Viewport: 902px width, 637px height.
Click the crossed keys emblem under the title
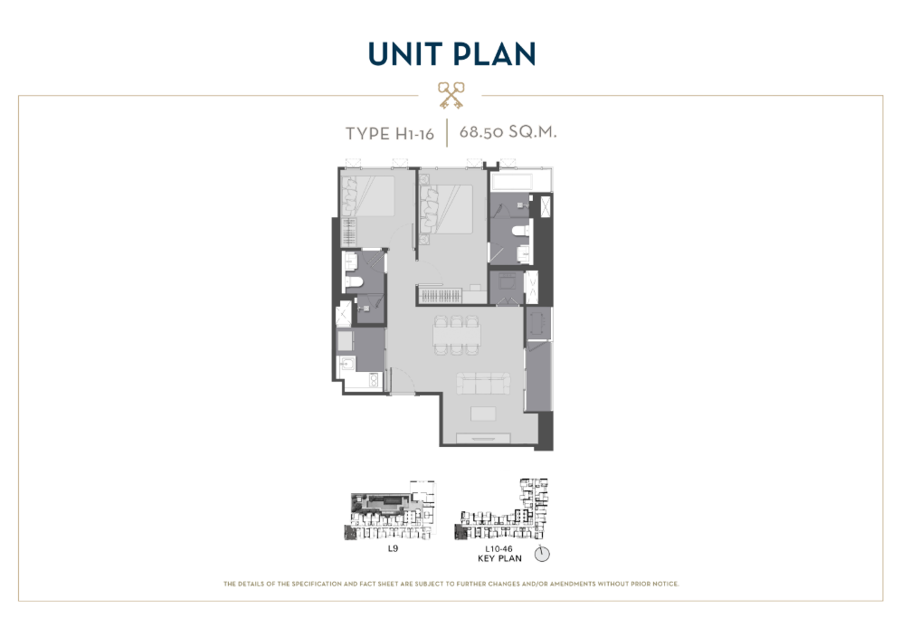point(451,95)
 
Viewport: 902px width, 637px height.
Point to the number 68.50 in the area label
point(480,132)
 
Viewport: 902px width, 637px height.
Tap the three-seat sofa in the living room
point(483,384)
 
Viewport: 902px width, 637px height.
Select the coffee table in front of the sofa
point(483,414)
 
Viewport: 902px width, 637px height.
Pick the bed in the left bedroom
point(369,196)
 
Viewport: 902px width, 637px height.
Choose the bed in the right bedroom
point(447,209)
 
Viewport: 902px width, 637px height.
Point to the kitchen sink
point(347,364)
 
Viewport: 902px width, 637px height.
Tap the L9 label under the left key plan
point(393,548)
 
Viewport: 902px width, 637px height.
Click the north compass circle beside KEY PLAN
point(542,554)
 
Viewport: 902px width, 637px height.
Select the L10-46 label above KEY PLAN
point(498,549)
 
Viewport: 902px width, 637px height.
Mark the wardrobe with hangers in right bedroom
point(441,297)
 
